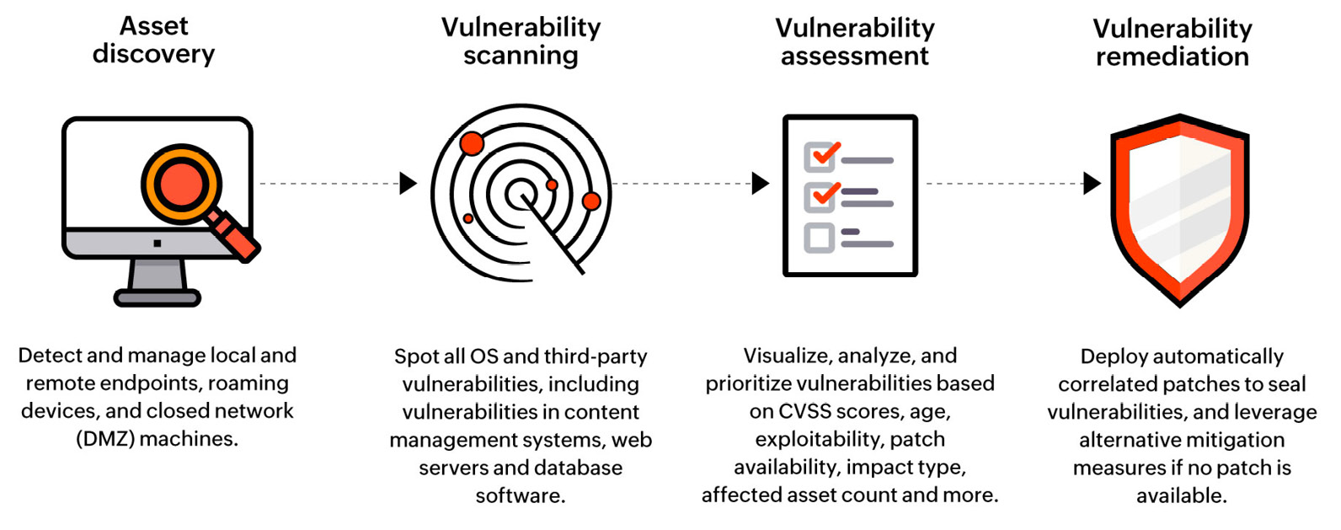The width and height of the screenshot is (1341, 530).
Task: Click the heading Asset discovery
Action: pos(154,40)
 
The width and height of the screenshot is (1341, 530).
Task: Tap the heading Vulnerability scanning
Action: pos(521,40)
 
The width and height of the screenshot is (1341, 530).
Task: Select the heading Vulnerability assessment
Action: pos(854,41)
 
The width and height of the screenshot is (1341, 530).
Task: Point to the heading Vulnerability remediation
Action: pos(1172,42)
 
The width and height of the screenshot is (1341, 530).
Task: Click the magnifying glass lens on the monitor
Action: pos(180,185)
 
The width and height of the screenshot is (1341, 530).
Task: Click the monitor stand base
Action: pos(158,297)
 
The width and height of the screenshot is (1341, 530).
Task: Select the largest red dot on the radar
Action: pos(472,143)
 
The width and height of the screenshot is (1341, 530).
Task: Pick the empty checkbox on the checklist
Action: pos(819,238)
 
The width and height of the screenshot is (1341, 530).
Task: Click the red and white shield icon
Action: pos(1179,206)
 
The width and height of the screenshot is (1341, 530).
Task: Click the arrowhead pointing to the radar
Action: pos(409,183)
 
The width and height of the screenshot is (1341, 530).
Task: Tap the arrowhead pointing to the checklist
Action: pos(761,183)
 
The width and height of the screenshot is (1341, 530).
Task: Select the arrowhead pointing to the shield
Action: pos(1092,183)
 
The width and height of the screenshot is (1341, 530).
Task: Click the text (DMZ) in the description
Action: pos(105,439)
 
